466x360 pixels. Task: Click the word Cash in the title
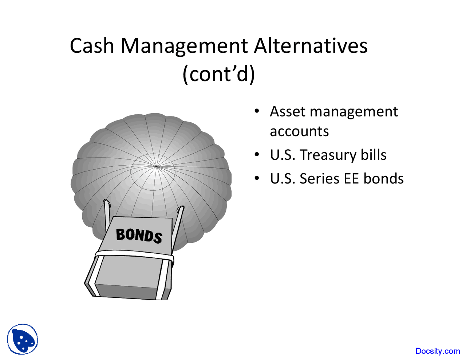tap(91, 46)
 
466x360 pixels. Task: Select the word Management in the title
tap(184, 47)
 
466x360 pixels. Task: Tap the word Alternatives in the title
tap(311, 46)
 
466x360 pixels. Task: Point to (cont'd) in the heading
tap(218, 74)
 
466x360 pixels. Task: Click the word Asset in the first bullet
tap(287, 111)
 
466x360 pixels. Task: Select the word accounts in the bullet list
tap(299, 131)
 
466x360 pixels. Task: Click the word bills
tap(373, 155)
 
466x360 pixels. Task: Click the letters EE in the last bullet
tap(350, 179)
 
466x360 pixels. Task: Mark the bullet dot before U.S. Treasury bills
tap(257, 155)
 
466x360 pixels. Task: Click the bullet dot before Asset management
tap(257, 111)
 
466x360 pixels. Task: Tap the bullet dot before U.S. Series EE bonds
tap(257, 178)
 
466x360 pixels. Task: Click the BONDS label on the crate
tap(139, 235)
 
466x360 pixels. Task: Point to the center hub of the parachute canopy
tap(156, 167)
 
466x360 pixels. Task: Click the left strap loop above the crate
tap(107, 211)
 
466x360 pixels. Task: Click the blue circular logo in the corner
tap(23, 339)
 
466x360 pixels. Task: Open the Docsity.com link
tap(437, 351)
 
